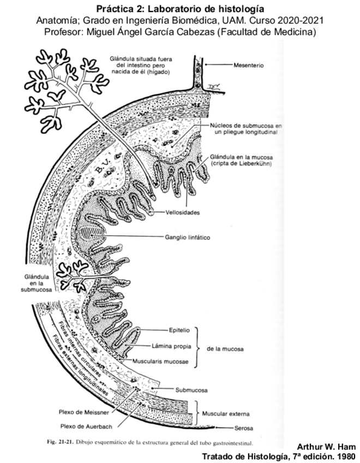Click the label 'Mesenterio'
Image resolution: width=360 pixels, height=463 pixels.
point(249,64)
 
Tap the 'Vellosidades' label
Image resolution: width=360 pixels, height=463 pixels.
point(184,212)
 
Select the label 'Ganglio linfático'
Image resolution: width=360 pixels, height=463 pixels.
point(188,238)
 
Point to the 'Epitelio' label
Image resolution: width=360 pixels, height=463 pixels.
point(179,330)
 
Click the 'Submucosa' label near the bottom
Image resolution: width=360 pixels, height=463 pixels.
point(190,390)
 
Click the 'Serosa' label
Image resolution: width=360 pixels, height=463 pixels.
point(243,428)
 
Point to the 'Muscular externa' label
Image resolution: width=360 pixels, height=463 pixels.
point(226,413)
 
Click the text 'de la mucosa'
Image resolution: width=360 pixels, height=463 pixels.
point(225,348)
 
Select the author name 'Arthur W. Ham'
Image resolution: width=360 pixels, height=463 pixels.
point(325,447)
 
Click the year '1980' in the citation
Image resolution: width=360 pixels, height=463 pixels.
point(345,456)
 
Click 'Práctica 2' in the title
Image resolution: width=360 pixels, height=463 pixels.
point(118,9)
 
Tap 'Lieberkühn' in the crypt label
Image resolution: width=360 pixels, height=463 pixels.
point(256,163)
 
